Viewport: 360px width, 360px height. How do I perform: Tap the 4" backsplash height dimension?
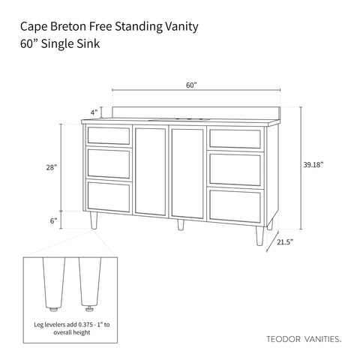pos(94,112)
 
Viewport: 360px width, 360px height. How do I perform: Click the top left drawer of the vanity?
pos(109,136)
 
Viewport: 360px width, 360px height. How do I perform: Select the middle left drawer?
pos(109,162)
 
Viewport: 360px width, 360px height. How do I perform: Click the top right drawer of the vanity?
pos(235,138)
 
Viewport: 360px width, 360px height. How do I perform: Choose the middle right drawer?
pos(235,169)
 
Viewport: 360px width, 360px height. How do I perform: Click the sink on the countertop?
pos(180,119)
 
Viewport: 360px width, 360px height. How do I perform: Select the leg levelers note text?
pos(71,328)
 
